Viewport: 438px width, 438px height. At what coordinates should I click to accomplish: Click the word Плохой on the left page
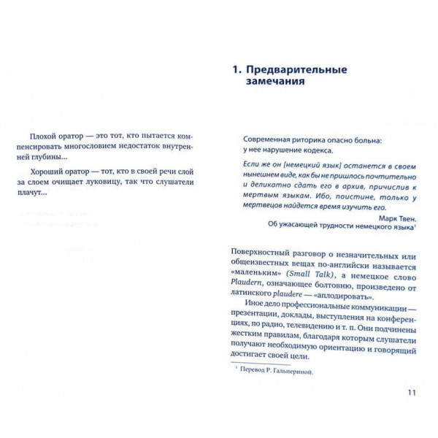40,139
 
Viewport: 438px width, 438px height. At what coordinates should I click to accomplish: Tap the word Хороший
42,169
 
